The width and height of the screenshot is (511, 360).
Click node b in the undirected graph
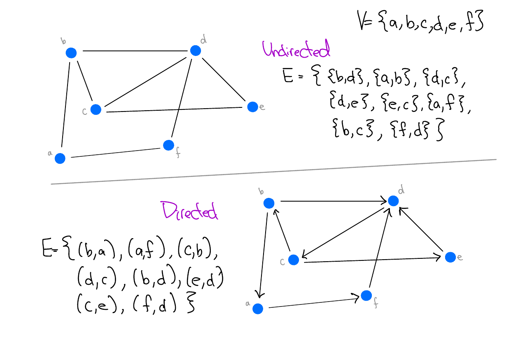pyautogui.click(x=71, y=53)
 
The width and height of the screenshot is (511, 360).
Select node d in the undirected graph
pyautogui.click(x=196, y=51)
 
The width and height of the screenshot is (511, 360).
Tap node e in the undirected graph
pyautogui.click(x=252, y=107)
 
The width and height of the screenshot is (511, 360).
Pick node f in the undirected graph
pyautogui.click(x=168, y=145)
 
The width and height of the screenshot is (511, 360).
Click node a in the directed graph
pyautogui.click(x=258, y=309)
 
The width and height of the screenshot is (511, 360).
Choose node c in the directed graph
pyautogui.click(x=293, y=260)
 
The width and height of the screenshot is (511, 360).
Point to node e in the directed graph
pyautogui.click(x=450, y=257)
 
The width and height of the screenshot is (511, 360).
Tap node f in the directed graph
pyautogui.click(x=366, y=295)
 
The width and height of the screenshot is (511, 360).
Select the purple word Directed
pyautogui.click(x=190, y=211)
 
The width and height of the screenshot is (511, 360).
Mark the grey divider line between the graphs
pyautogui.click(x=272, y=172)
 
